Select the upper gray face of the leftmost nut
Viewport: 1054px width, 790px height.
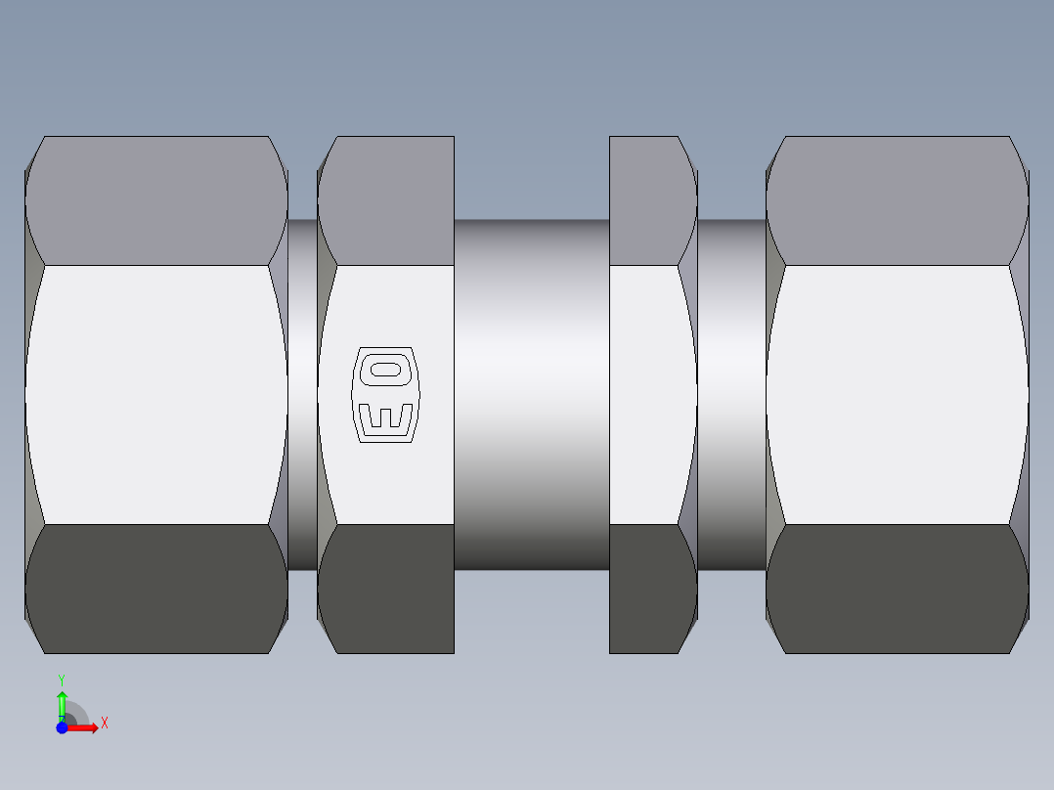tap(156, 200)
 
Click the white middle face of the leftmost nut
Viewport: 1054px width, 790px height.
tap(156, 394)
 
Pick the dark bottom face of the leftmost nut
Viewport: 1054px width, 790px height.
tap(156, 589)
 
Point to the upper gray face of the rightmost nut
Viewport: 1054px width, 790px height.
tap(897, 200)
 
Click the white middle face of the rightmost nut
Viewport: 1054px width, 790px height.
tap(897, 394)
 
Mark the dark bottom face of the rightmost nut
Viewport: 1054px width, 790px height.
tap(897, 589)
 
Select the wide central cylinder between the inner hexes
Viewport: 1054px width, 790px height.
tap(531, 394)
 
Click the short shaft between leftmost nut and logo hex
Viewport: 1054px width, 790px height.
tap(302, 394)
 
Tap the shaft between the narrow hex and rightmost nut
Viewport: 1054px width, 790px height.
tap(731, 394)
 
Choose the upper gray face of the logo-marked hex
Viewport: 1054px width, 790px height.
tap(386, 200)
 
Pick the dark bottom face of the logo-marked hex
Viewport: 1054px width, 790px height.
tap(386, 589)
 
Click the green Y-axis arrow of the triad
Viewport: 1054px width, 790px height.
tap(62, 702)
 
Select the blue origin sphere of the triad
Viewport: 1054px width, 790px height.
tap(62, 727)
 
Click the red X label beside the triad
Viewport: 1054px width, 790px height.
tap(104, 724)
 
